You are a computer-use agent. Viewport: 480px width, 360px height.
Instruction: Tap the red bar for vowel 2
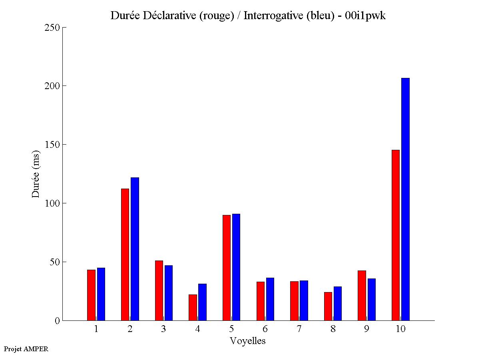tap(125, 255)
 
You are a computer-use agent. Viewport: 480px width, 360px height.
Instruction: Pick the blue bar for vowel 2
tap(135, 249)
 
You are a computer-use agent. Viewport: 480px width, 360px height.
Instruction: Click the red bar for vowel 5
tap(227, 268)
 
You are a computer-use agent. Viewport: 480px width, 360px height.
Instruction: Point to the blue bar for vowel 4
tap(202, 302)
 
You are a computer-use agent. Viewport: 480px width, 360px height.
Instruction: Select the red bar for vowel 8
tap(328, 306)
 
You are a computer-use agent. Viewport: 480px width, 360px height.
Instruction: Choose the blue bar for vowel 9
tap(372, 299)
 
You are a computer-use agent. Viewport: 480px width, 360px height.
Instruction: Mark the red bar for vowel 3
tap(159, 290)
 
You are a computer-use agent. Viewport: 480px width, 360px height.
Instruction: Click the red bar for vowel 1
tap(91, 295)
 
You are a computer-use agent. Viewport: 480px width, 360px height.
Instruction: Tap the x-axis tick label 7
tap(299, 329)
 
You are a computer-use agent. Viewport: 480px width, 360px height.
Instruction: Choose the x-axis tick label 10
tap(400, 329)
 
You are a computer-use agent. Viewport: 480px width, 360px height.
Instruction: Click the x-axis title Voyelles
tap(248, 341)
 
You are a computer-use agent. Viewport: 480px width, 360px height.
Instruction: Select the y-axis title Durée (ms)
tap(36, 174)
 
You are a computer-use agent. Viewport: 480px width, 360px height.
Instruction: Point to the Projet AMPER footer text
tap(26, 349)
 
